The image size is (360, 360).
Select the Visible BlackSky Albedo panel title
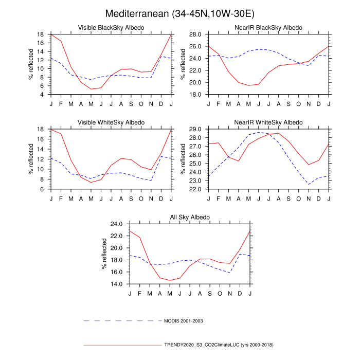[x=111, y=27]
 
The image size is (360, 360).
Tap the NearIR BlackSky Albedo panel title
[x=268, y=27]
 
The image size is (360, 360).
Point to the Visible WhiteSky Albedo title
[x=111, y=122]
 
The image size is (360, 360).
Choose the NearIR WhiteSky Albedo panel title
[x=268, y=122]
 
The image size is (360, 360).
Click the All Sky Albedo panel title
[x=190, y=218]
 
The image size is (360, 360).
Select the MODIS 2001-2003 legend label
[x=184, y=320]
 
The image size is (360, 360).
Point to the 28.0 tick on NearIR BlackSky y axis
[x=195, y=34]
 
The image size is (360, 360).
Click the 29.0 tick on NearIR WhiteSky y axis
[x=195, y=129]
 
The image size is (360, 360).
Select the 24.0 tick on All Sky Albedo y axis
[x=117, y=224]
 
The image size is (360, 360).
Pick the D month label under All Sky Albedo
[x=240, y=293]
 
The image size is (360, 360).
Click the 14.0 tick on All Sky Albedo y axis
[x=117, y=284]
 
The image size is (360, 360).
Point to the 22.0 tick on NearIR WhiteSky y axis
[x=195, y=189]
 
